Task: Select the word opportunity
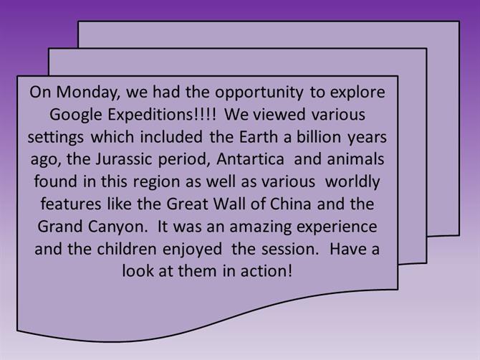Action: click(259, 93)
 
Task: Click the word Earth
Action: click(259, 137)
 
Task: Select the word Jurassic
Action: click(124, 159)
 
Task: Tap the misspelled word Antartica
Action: click(250, 159)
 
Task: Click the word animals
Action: click(355, 159)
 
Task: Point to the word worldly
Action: click(352, 182)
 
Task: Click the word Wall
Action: click(229, 204)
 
